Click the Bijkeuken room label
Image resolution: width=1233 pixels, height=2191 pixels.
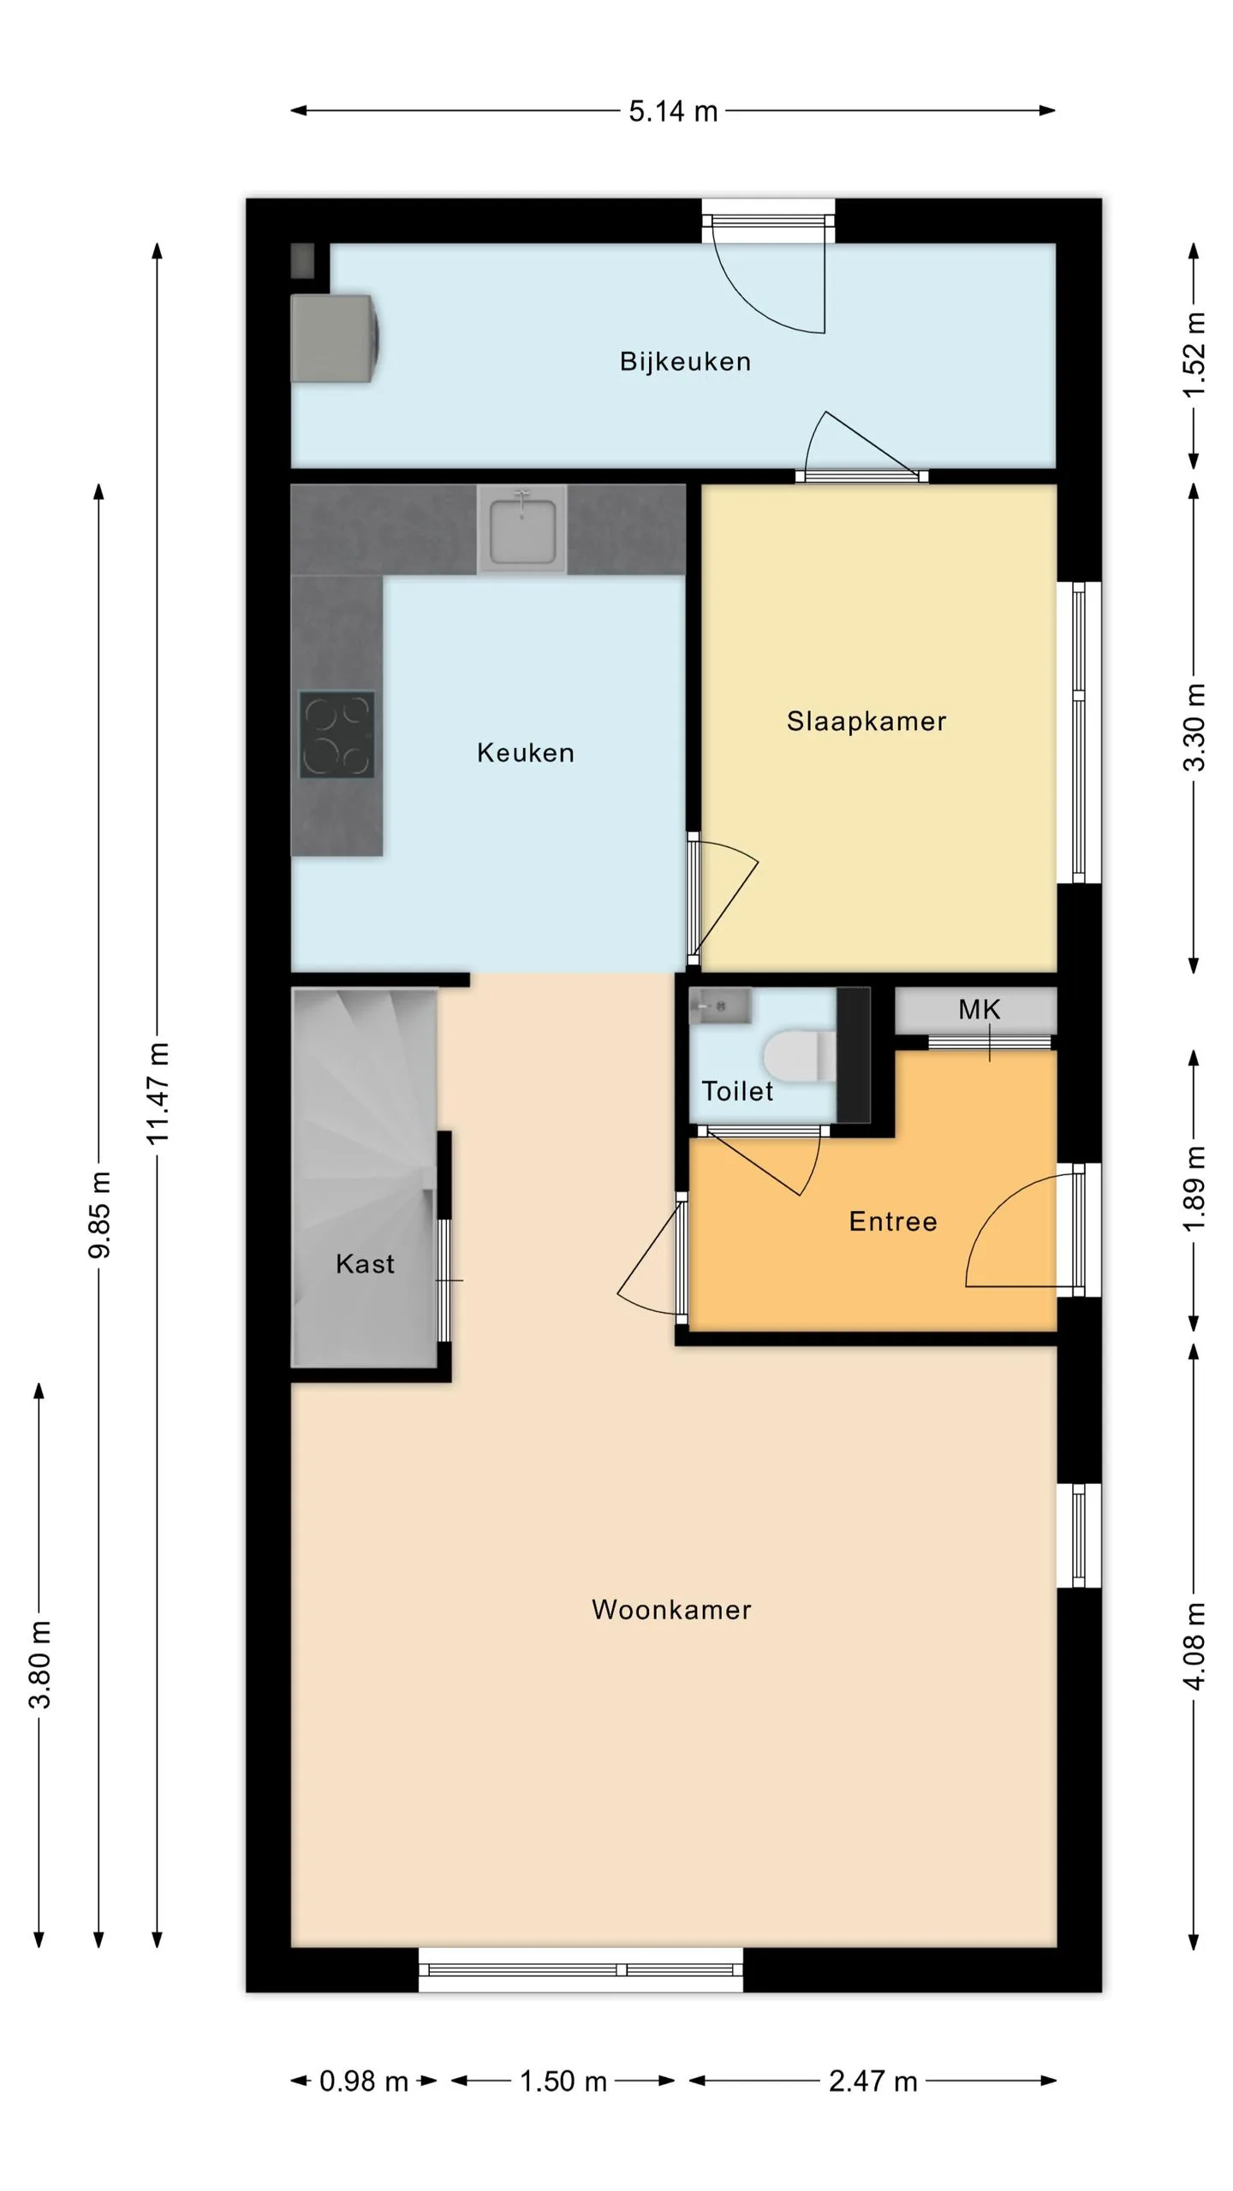tap(685, 362)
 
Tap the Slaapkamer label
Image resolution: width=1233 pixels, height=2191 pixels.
tap(867, 721)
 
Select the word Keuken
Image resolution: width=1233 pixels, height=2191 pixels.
tap(526, 753)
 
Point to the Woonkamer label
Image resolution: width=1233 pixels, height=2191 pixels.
tap(671, 1610)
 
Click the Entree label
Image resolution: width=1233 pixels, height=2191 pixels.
tap(893, 1221)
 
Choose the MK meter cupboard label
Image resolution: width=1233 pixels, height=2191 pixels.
tap(979, 1010)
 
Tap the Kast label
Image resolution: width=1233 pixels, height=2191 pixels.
tap(365, 1264)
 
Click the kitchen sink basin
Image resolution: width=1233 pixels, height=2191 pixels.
tap(521, 529)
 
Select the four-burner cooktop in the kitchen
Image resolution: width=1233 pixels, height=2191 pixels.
tap(337, 735)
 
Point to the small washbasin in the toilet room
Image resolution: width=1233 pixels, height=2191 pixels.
tap(720, 1006)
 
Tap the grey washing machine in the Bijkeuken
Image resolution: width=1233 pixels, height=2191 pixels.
tap(336, 338)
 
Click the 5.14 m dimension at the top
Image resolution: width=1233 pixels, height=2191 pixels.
tap(673, 111)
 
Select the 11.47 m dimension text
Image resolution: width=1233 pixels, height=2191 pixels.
tap(158, 1093)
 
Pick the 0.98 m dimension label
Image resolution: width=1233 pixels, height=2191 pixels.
tap(363, 2081)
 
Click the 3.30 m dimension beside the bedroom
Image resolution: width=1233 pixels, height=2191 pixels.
tap(1194, 727)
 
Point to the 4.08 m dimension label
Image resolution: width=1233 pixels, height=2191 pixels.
tap(1194, 1647)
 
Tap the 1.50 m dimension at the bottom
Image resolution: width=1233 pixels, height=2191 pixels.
tap(563, 2081)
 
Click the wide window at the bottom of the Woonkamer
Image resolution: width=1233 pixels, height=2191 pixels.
tap(581, 1969)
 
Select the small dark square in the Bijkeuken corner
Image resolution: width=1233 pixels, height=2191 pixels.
tap(302, 260)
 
